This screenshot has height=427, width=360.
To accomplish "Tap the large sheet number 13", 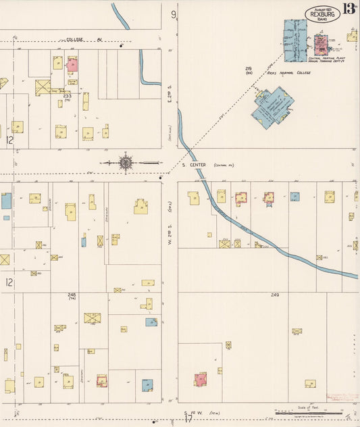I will click(349, 9).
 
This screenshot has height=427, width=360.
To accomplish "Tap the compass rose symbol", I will click(126, 162).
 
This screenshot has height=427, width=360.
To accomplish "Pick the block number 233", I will click(67, 96).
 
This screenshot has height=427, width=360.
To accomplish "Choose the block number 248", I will click(72, 295).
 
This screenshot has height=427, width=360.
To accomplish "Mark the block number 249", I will click(275, 295).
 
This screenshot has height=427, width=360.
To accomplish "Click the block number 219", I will click(249, 69).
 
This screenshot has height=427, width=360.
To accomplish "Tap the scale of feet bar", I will click(307, 413).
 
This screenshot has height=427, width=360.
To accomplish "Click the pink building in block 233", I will click(72, 66).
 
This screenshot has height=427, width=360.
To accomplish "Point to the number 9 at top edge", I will click(174, 14).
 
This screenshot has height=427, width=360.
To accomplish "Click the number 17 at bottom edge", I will click(188, 418).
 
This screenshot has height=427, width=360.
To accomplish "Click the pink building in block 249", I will click(201, 379).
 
